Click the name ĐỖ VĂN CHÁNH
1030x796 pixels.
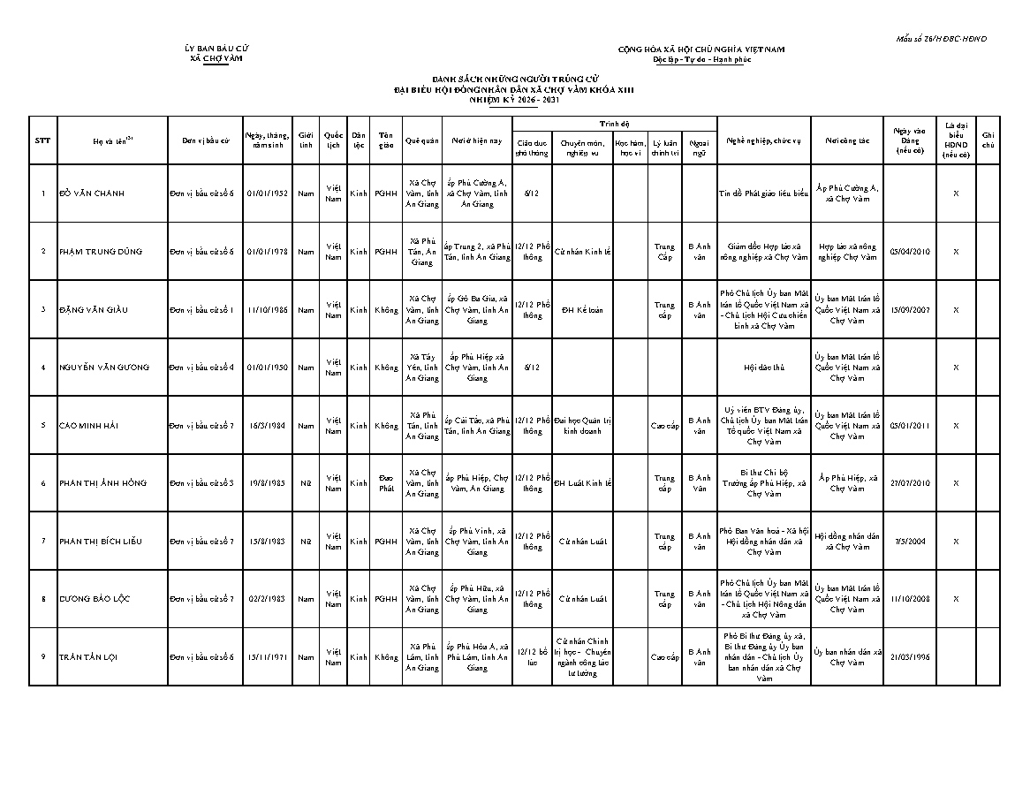pos(92,193)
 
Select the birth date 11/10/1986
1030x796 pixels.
pos(267,310)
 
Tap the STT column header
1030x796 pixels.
pos(42,140)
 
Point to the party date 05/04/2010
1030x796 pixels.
pos(910,252)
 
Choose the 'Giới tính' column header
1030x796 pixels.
pos(306,140)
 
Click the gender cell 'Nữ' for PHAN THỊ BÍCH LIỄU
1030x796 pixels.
pos(306,542)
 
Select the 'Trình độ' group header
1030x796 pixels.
pos(614,125)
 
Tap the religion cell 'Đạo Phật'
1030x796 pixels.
pos(386,483)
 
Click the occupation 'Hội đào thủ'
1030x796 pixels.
pos(763,368)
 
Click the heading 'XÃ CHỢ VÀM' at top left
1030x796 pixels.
pos(216,58)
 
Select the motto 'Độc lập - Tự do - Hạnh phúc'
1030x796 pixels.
pos(701,59)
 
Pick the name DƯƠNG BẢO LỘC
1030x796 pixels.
pos(95,599)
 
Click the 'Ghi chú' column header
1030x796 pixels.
pos(988,140)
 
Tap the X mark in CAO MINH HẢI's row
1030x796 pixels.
pos(955,426)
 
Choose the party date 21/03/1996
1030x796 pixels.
pos(910,657)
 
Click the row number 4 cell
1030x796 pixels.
pos(42,368)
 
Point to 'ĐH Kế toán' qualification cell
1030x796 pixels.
pos(582,310)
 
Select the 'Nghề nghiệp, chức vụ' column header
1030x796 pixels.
pos(763,140)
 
